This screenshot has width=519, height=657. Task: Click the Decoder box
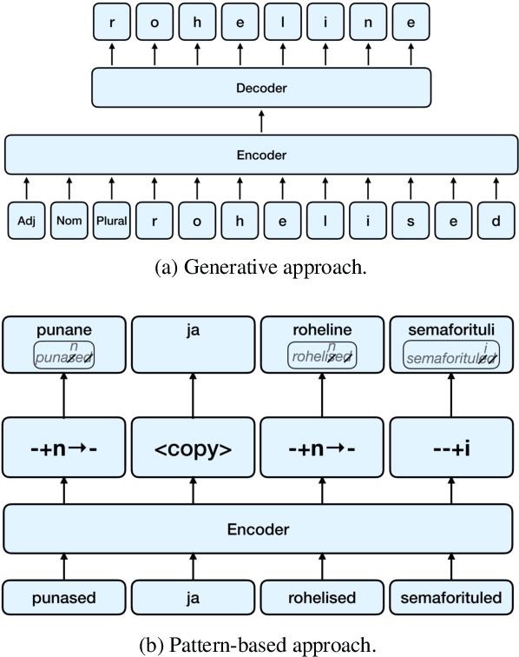coord(261,88)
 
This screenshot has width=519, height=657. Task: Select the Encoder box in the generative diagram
coord(261,155)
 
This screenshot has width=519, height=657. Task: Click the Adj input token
coord(26,221)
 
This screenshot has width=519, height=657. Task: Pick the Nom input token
coord(69,221)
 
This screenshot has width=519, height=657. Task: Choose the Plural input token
coord(111,221)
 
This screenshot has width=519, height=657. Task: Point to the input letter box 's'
coord(411,221)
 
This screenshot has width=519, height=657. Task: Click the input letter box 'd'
coord(496,221)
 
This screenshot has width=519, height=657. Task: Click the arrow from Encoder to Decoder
coord(261,121)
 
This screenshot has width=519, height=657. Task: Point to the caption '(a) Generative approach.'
coord(261,268)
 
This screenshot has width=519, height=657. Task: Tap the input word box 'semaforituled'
coord(445,598)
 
